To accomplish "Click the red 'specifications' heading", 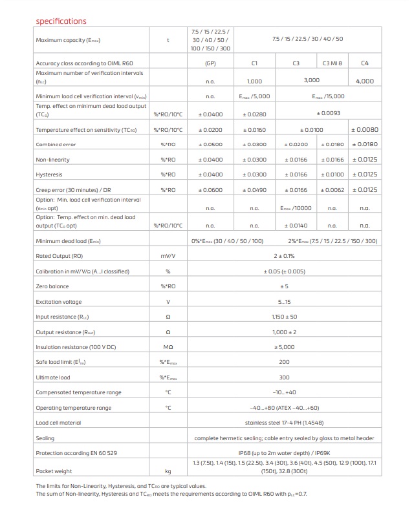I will pyautogui.click(x=61, y=21).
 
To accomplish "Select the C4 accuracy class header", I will pyautogui.click(x=364, y=63).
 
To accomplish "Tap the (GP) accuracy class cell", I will pyautogui.click(x=210, y=63).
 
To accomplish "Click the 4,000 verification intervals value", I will pyautogui.click(x=364, y=81).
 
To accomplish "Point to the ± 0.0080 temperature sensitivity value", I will pyautogui.click(x=364, y=130).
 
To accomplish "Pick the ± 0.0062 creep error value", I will pyautogui.click(x=332, y=190).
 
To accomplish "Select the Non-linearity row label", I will pyautogui.click(x=53, y=160).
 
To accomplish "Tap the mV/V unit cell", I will pyautogui.click(x=168, y=256).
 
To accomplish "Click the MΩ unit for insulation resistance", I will pyautogui.click(x=168, y=347).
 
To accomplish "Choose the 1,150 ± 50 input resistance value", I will pyautogui.click(x=284, y=317).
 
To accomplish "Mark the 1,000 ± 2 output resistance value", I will pyautogui.click(x=284, y=332).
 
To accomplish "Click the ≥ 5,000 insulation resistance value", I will pyautogui.click(x=284, y=347).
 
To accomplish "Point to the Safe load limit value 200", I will pyautogui.click(x=284, y=362).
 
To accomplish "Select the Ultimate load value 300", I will pyautogui.click(x=284, y=377).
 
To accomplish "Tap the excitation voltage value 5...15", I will pyautogui.click(x=284, y=302).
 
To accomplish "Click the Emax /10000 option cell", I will pyautogui.click(x=296, y=208).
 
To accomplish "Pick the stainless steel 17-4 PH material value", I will pyautogui.click(x=284, y=423).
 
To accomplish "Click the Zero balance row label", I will pyautogui.click(x=52, y=286).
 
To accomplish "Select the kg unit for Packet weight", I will pyautogui.click(x=168, y=471).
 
